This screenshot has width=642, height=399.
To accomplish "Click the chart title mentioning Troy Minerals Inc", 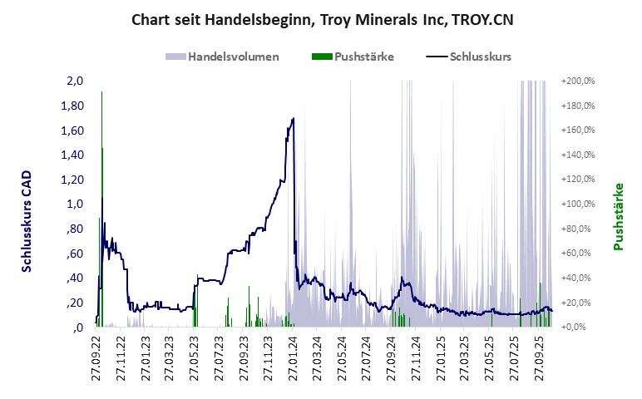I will coord(321,19).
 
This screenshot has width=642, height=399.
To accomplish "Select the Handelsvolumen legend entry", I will coord(222,57).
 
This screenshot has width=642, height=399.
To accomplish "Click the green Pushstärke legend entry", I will coord(353,57).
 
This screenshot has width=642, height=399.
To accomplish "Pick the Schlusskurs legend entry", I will coord(468,57).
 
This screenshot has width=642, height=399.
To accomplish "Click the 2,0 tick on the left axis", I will coord(76,81).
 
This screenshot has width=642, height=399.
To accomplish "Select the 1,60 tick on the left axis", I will coord(73,131).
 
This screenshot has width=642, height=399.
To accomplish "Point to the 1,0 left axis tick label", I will coord(76,204).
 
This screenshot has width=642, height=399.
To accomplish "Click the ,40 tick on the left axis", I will coord(75,278).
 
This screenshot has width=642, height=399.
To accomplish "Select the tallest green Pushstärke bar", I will coord(101,208).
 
